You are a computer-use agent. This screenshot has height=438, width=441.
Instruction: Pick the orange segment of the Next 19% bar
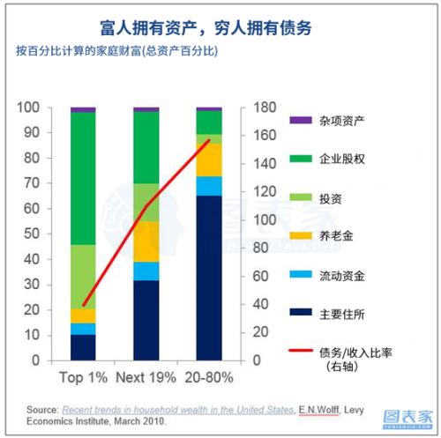point(146,241)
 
